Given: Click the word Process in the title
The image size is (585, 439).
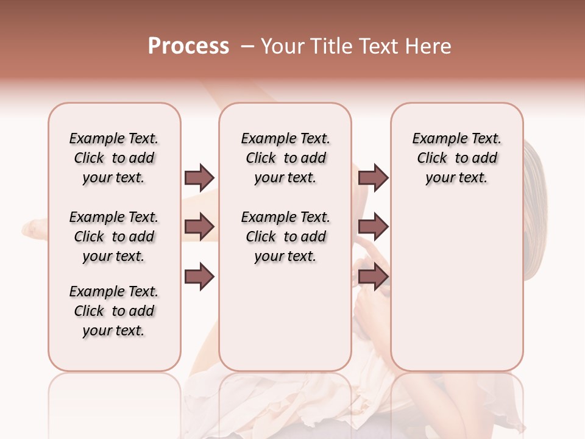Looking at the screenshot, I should pos(188,46).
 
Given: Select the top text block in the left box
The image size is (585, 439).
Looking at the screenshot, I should pos(114,158).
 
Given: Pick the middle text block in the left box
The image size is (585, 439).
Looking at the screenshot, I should pos(114,237).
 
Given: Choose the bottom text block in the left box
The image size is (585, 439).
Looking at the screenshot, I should pos(114,311).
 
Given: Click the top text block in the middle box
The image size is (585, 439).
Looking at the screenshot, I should pos(285,158).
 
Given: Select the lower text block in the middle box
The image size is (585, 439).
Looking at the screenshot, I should pos(285,237).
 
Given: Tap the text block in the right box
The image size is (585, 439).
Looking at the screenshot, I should pos(457,158).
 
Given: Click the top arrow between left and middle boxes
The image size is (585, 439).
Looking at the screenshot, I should pos(199,177).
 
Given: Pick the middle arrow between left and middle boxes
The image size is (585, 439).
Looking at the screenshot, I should pos(199,227).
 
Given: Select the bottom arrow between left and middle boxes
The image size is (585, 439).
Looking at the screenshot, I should pos(199,277).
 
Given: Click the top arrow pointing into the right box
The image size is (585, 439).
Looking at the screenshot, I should pos(373,177).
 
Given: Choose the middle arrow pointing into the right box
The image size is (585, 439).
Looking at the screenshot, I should pos(373,227).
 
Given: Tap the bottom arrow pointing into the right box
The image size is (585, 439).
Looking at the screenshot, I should pos(373,277).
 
